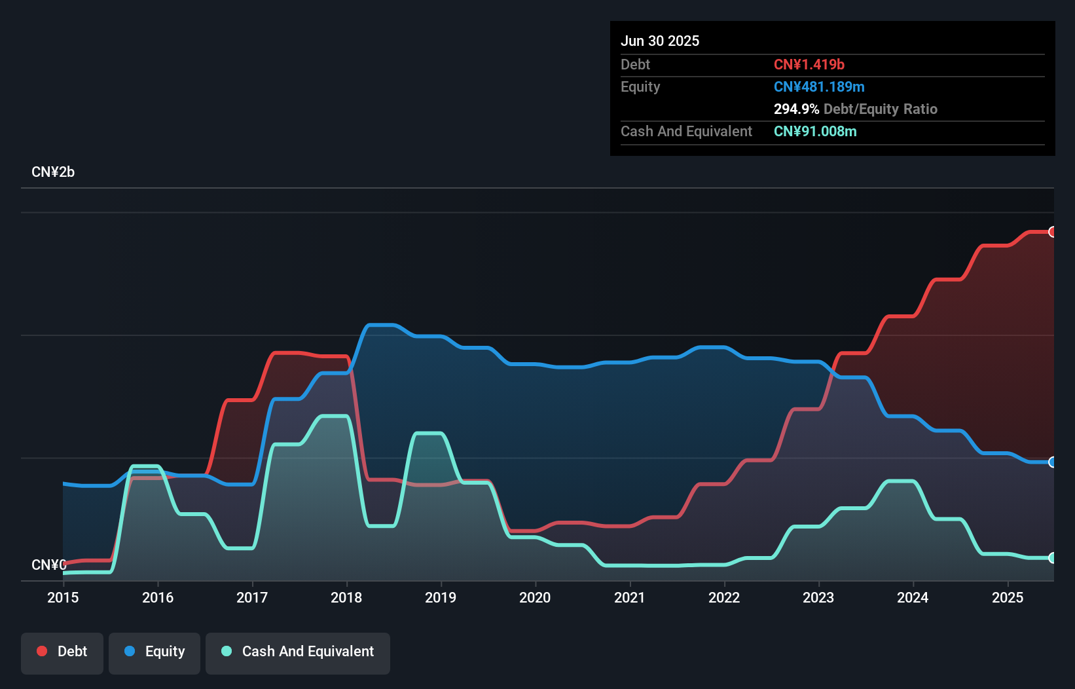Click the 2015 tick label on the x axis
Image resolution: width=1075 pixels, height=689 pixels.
(x=63, y=597)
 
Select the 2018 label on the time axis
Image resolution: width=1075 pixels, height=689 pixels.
(x=346, y=597)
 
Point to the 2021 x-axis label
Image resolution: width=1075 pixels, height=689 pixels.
(x=629, y=597)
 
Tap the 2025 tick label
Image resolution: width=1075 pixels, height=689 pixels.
(x=1007, y=597)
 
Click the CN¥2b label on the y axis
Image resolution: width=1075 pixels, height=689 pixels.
(x=53, y=172)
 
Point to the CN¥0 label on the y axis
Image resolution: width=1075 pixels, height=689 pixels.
(x=48, y=565)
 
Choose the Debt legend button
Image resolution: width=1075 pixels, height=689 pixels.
(x=62, y=652)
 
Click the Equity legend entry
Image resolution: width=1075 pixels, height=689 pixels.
(x=155, y=652)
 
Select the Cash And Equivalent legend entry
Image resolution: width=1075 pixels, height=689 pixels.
(x=298, y=652)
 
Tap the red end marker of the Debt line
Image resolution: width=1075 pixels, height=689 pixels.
(x=1052, y=232)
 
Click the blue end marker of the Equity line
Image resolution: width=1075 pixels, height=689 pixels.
(x=1052, y=462)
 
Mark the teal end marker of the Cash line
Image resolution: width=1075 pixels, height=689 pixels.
(x=1052, y=558)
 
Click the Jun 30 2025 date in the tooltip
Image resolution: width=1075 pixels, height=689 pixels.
(x=660, y=41)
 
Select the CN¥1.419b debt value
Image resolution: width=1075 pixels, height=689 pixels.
(x=809, y=64)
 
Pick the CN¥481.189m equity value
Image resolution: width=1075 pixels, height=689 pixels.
(x=819, y=86)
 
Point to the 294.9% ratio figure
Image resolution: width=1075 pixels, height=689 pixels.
(x=796, y=109)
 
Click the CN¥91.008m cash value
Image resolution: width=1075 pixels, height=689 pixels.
(x=815, y=131)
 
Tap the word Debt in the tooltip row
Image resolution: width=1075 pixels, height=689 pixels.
(x=635, y=64)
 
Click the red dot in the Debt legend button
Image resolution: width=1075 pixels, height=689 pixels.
(x=42, y=651)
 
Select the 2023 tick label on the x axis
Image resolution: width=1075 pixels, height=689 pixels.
(x=818, y=597)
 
